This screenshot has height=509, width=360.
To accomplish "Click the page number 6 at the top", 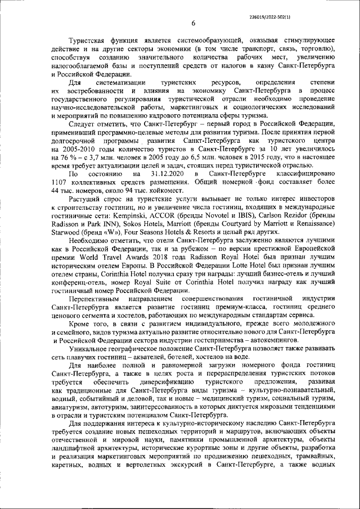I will pyautogui.click(x=193, y=23).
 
